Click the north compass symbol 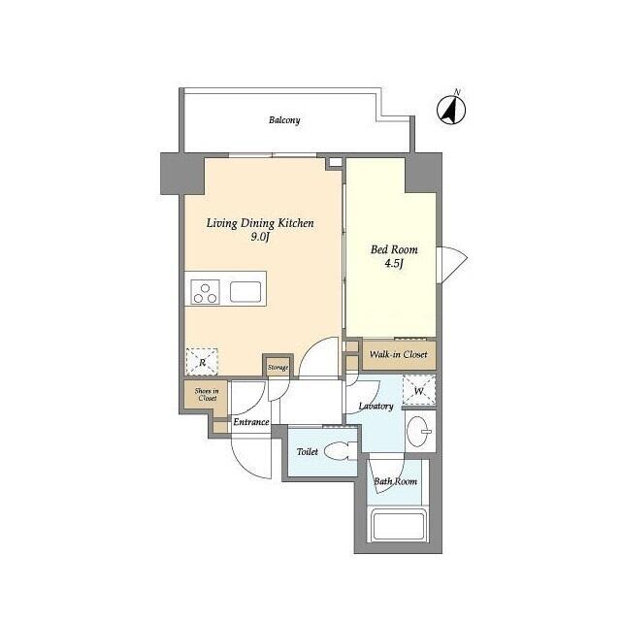click(449, 109)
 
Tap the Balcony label click(284, 120)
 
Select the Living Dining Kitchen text click(259, 223)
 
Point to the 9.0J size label click(260, 238)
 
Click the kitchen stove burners click(206, 291)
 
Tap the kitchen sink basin click(245, 291)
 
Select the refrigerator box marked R click(202, 362)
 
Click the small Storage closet click(278, 367)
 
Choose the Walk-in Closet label click(398, 355)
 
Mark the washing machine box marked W click(418, 390)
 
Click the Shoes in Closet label click(206, 395)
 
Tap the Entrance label click(250, 422)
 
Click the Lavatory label click(375, 406)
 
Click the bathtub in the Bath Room click(398, 527)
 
